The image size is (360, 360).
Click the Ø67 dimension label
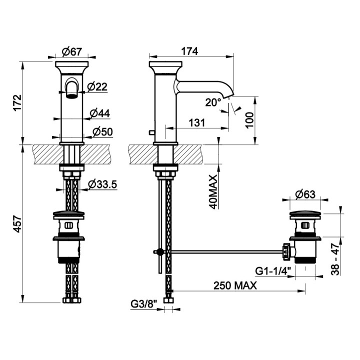[72, 51]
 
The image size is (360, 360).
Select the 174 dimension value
[189, 51]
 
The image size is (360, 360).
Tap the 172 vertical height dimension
[17, 103]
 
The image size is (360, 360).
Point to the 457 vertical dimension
[17, 224]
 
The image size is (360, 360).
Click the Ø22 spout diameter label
[97, 87]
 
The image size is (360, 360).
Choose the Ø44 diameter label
[100, 113]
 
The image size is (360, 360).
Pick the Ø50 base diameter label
[102, 132]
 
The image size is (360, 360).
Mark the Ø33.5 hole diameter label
[102, 184]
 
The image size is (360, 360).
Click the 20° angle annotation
[213, 102]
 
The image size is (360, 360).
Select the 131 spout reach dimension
[197, 123]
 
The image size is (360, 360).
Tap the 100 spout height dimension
[249, 120]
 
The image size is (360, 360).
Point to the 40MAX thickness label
[213, 192]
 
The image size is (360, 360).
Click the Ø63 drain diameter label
[305, 194]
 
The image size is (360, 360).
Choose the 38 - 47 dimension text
[335, 259]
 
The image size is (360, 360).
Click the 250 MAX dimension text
[235, 285]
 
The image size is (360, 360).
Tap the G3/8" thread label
[144, 304]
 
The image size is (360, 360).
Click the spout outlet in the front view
[72, 96]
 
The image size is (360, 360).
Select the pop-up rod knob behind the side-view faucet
[151, 132]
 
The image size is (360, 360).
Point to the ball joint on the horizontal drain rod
[160, 252]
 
